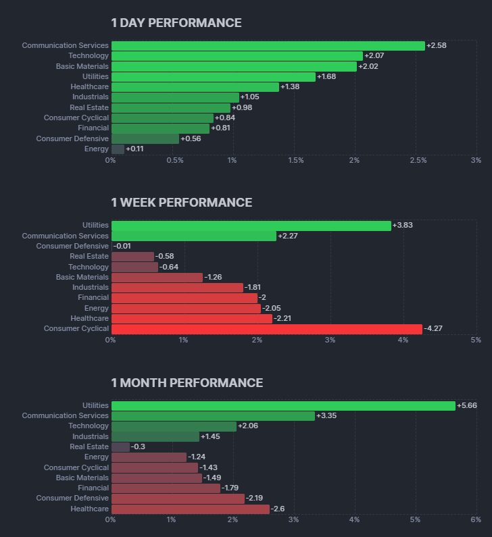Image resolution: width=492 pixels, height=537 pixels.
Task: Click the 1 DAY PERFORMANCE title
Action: tap(176, 23)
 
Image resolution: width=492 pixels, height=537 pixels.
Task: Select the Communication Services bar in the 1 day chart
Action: tap(268, 45)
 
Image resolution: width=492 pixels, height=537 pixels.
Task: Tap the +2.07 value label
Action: tap(374, 56)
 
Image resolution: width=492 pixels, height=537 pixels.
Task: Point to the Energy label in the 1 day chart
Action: tap(96, 149)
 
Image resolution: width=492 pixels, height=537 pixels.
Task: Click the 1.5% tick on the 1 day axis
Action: tap(295, 161)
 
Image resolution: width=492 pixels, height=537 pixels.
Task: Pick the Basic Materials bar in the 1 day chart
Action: tap(234, 66)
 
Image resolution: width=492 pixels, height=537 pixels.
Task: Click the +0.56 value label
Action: tap(191, 138)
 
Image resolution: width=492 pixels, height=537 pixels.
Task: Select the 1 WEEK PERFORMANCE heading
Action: tap(181, 203)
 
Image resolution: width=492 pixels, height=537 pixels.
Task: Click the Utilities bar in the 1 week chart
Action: tap(251, 226)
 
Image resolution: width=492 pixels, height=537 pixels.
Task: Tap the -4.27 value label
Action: tap(433, 329)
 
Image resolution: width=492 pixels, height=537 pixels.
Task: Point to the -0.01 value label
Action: tap(122, 247)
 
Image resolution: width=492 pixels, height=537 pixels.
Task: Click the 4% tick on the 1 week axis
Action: tap(403, 340)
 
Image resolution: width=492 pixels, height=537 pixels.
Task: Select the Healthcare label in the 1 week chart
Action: tap(89, 318)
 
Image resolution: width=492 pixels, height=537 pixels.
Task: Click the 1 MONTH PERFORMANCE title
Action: tap(187, 383)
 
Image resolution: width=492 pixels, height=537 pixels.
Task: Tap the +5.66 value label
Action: tap(467, 406)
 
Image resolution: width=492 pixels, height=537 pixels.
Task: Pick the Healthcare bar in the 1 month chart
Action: tap(190, 509)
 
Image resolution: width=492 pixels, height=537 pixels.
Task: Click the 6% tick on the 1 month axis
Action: tap(476, 519)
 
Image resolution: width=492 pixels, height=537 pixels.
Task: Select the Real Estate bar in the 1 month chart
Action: tap(120, 446)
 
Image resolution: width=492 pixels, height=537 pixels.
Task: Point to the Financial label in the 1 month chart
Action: tap(93, 488)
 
